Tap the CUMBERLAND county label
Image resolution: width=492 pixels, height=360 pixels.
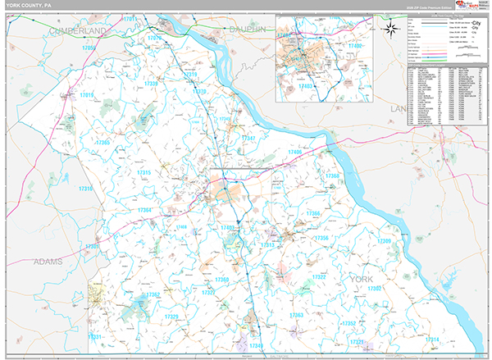pyautogui.click(x=79, y=30)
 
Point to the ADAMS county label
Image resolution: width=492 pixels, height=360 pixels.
pyautogui.click(x=48, y=262)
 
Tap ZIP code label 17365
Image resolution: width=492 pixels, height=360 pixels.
pyautogui.click(x=102, y=143)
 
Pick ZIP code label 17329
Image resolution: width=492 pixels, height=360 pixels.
pyautogui.click(x=171, y=317)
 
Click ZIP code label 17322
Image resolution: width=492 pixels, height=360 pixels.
pyautogui.click(x=319, y=277)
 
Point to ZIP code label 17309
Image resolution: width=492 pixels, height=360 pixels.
pyautogui.click(x=384, y=242)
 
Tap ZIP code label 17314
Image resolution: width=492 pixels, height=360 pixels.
pyautogui.click(x=431, y=339)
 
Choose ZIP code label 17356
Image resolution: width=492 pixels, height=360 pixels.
pyautogui.click(x=322, y=238)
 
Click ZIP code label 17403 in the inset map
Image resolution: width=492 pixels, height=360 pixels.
pyautogui.click(x=306, y=85)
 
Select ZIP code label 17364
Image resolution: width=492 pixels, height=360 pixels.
pyautogui.click(x=144, y=210)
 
